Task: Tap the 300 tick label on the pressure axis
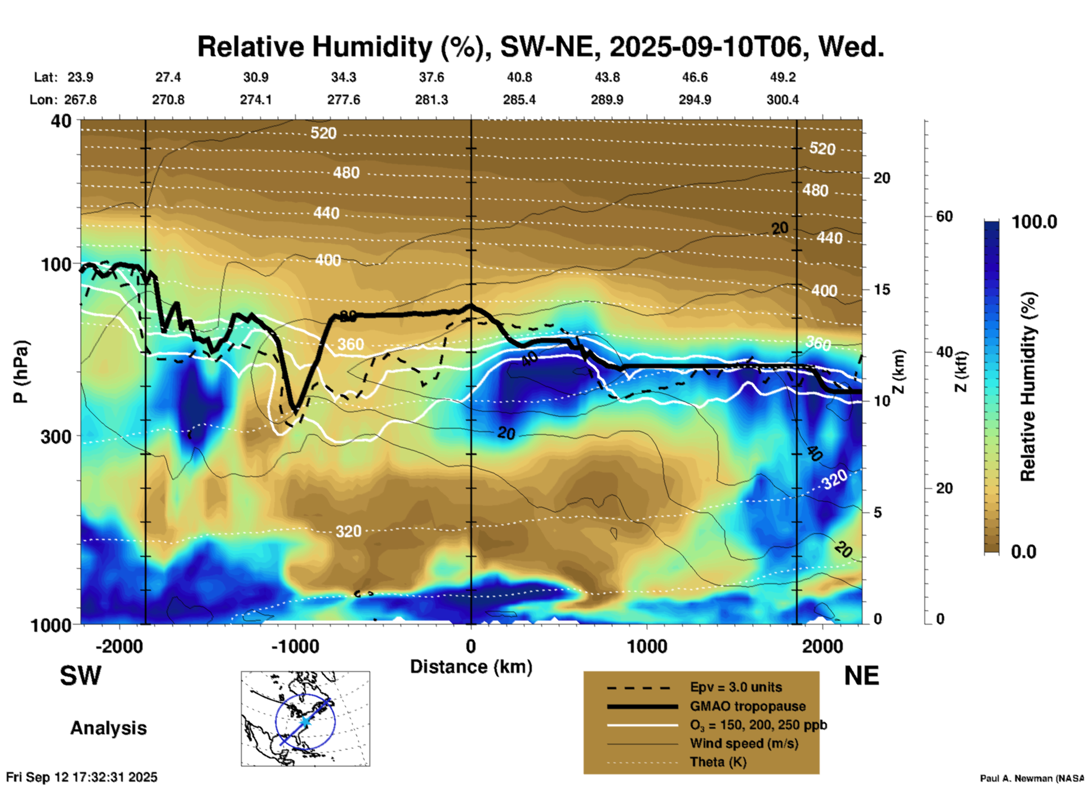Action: [56, 436]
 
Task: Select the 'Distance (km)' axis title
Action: [471, 667]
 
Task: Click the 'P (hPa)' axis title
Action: [21, 372]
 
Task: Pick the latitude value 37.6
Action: [432, 77]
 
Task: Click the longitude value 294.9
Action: [695, 100]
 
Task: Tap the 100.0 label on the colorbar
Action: [1034, 222]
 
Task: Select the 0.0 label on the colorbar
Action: [1024, 551]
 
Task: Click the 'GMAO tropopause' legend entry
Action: [748, 706]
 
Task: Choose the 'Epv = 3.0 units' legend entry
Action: [736, 687]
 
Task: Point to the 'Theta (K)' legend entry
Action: [718, 762]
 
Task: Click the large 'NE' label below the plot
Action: [861, 676]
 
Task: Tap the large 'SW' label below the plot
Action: [81, 676]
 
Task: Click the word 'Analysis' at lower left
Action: [108, 728]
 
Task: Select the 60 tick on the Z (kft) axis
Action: [944, 217]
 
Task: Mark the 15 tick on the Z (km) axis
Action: [882, 289]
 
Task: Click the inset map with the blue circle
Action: [305, 718]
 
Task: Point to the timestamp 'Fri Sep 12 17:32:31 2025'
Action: [82, 777]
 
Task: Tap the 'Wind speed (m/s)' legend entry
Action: [744, 743]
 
